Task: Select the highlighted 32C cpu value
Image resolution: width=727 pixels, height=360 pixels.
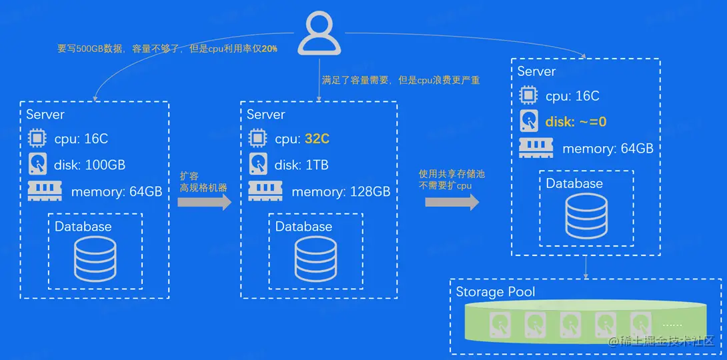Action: coord(317,139)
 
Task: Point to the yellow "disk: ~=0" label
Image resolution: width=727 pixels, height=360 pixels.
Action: coord(576,122)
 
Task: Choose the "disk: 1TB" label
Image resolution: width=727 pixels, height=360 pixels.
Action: coord(301,165)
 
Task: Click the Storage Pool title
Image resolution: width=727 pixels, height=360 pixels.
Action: coord(495,292)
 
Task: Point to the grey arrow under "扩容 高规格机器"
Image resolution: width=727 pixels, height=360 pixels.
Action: coord(204,202)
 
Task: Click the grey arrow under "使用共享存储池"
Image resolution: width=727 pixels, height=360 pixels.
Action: coord(452,202)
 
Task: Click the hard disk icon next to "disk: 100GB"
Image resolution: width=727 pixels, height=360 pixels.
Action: coord(37,164)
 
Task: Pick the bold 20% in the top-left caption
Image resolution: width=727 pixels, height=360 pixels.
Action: coord(269,49)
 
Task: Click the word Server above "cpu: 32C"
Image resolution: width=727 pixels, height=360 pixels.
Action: coord(265,115)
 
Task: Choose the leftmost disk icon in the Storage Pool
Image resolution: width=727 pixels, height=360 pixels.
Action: coord(500,325)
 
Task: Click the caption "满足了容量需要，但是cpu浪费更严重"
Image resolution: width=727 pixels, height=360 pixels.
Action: coord(401,81)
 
